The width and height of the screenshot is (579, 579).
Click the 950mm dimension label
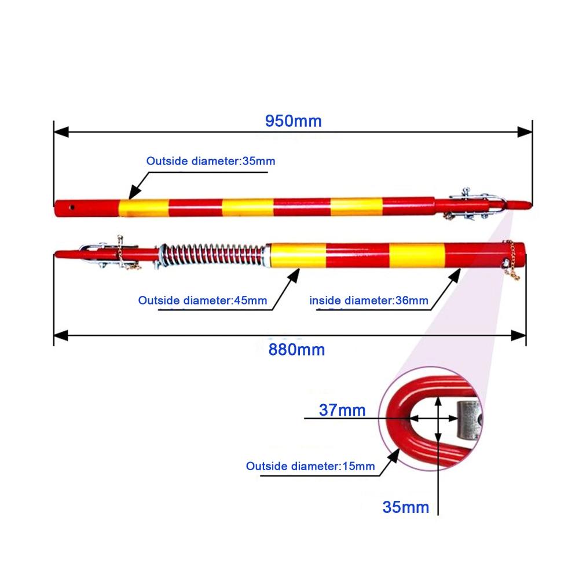(294, 121)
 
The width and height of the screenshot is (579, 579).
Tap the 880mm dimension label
(296, 350)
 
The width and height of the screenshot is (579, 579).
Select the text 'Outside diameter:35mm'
(211, 161)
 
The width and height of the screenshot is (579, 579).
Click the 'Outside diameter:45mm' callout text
(202, 300)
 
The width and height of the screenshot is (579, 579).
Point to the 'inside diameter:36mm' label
(368, 300)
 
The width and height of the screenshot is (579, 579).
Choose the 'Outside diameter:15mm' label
(310, 466)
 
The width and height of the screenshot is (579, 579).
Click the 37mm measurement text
(342, 410)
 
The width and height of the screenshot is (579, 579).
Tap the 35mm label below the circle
(405, 507)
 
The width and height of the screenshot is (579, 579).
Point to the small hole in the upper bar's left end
(72, 207)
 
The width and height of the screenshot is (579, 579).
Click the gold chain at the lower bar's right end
(511, 261)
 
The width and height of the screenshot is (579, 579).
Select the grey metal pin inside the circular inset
(469, 419)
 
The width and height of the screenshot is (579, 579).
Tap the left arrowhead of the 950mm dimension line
(61, 132)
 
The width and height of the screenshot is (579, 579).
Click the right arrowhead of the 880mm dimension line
(519, 336)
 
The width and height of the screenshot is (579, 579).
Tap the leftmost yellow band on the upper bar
(143, 208)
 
